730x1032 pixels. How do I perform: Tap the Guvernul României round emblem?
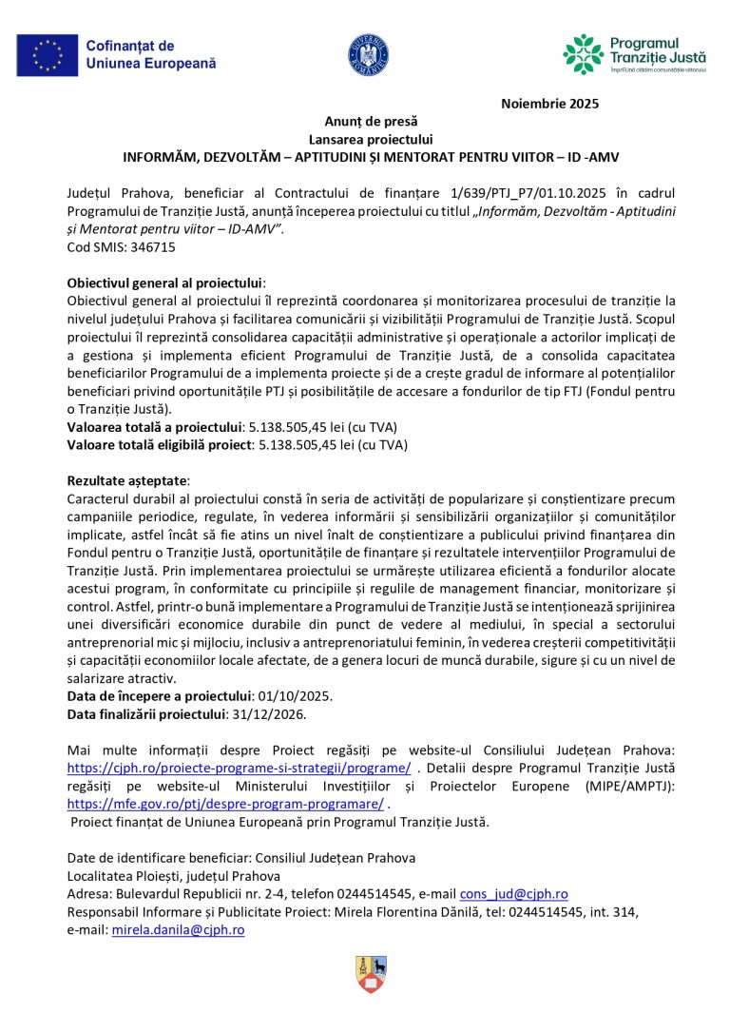368,54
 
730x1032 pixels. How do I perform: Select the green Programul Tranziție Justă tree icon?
583,54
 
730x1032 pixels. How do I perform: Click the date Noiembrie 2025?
549,104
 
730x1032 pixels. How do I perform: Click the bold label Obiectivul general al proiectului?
163,282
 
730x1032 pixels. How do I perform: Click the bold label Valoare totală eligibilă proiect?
155,443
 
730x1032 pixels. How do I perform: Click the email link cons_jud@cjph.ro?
513,894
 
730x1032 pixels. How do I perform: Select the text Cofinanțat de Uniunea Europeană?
150,54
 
